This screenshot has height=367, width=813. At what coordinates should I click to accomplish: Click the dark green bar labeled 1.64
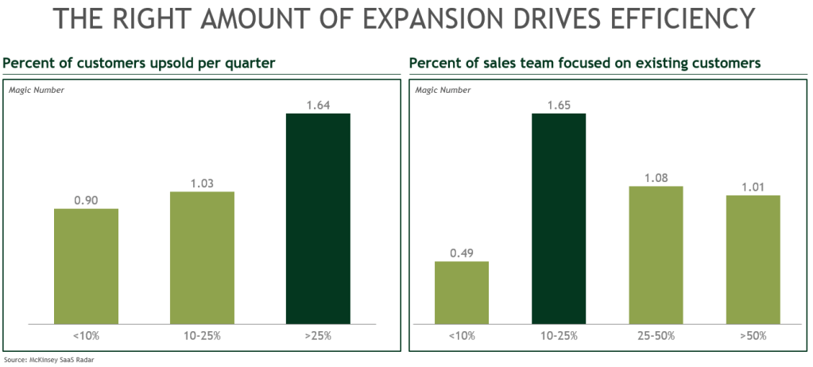[x=317, y=218]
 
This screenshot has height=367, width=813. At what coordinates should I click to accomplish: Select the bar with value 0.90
[x=86, y=266]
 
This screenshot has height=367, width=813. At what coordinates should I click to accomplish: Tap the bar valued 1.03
[x=202, y=257]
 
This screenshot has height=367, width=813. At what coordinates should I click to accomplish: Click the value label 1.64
[x=317, y=104]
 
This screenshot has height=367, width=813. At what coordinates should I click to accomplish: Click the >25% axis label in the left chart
[x=317, y=335]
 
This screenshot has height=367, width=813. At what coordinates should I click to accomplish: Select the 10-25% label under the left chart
[x=202, y=335]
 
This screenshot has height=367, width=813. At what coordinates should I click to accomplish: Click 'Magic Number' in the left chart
[x=37, y=90]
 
